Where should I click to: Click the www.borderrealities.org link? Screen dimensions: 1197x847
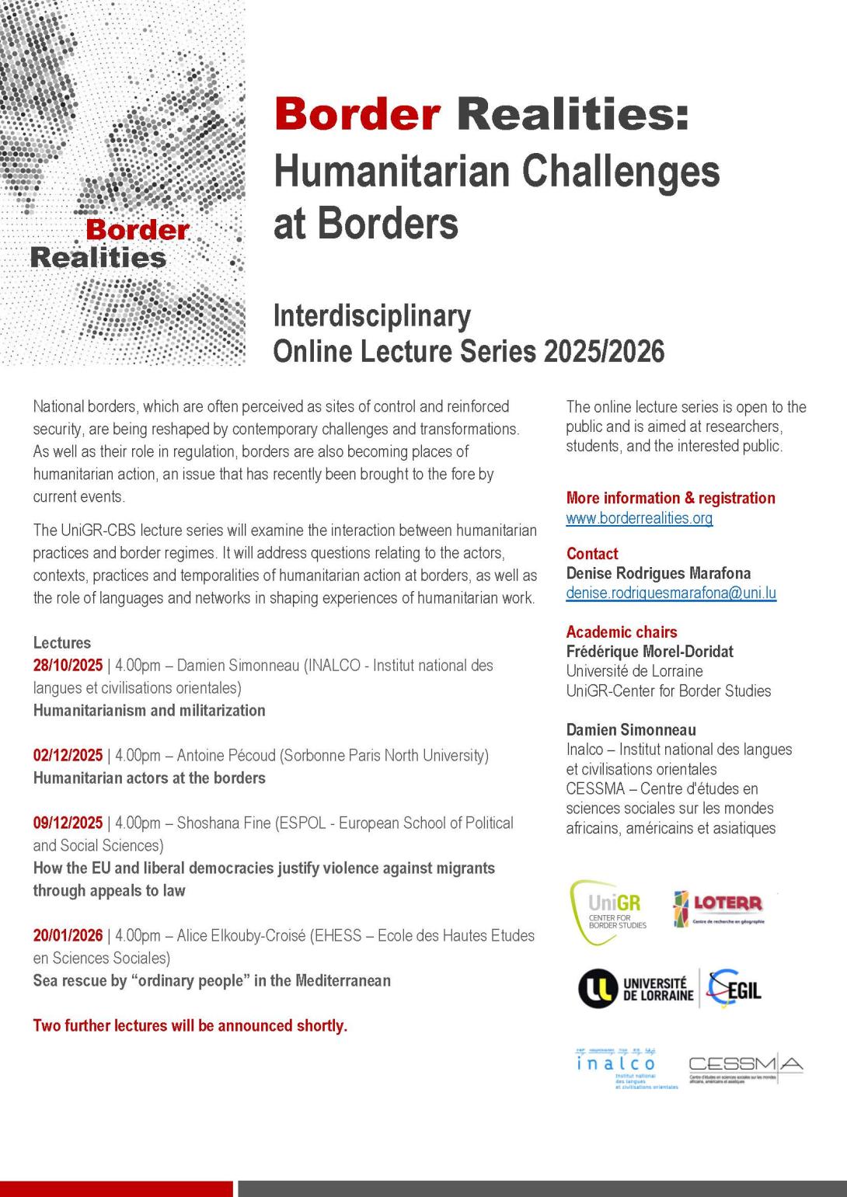point(639,518)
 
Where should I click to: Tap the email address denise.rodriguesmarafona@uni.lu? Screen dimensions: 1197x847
point(671,593)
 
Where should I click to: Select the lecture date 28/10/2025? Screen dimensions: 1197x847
point(68,666)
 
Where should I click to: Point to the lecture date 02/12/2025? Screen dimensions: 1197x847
point(68,756)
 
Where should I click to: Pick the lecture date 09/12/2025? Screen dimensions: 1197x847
point(68,823)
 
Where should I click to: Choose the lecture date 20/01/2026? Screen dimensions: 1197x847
point(68,936)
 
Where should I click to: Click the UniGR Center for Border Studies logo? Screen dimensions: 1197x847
point(610,911)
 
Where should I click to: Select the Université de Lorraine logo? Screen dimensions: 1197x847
point(636,989)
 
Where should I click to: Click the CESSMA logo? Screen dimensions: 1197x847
point(745,1068)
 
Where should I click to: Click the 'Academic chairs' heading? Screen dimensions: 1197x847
point(621,632)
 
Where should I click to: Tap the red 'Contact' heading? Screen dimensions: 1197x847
point(591,554)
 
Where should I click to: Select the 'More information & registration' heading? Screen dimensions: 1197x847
point(670,498)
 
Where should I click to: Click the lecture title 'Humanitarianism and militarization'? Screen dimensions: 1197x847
point(149,711)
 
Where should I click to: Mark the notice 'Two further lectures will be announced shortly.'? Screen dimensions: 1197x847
point(190,1026)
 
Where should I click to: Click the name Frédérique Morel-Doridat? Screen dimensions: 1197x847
point(650,652)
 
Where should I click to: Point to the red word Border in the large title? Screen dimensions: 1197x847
point(357,113)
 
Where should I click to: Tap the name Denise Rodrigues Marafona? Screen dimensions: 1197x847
point(658,574)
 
